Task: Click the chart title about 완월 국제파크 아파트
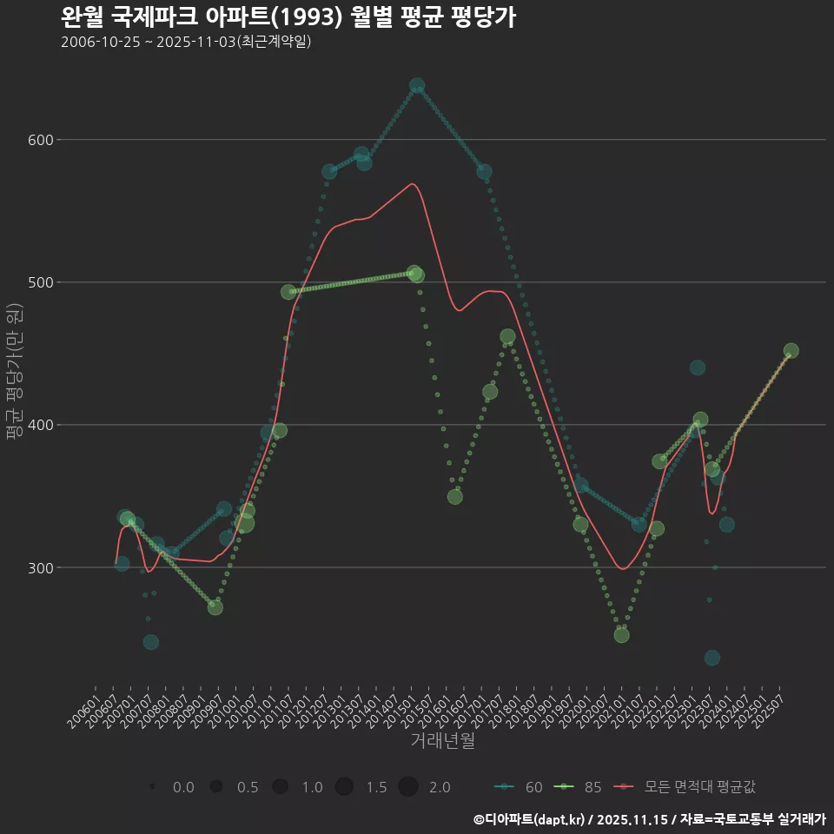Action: (x=288, y=17)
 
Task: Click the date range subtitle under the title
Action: (x=186, y=42)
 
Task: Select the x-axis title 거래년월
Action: (x=442, y=741)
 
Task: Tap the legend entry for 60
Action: (x=521, y=787)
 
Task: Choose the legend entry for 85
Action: (x=580, y=787)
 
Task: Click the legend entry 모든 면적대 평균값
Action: (x=686, y=787)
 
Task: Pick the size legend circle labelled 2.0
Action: (x=409, y=787)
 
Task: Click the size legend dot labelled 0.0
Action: (x=153, y=787)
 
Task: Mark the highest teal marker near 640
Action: (x=417, y=86)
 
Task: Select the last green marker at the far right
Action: (x=791, y=351)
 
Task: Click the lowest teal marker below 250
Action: (x=712, y=658)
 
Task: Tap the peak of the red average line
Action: (x=411, y=183)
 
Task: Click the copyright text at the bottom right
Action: (x=649, y=819)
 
